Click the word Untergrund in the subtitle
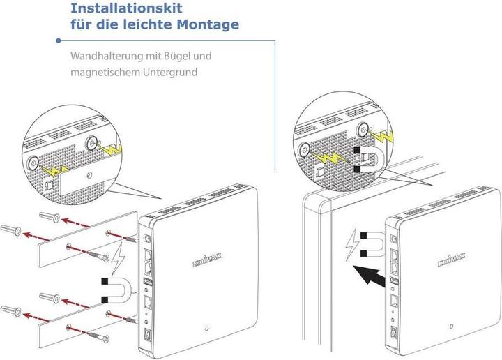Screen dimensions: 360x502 tap(181, 73)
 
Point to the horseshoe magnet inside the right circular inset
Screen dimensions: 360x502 tap(368, 160)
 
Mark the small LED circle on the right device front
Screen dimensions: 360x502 tap(451, 327)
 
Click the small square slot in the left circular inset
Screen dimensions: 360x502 tap(49, 186)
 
